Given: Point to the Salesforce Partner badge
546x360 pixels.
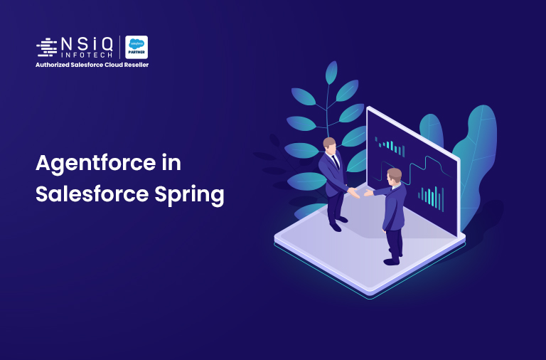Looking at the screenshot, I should (x=136, y=47).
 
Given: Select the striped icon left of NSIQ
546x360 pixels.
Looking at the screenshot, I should (x=46, y=47).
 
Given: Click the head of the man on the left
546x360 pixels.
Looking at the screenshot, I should (x=330, y=144).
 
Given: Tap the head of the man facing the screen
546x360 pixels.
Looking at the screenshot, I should (x=394, y=174).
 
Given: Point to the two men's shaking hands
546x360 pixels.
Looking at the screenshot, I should (x=360, y=194).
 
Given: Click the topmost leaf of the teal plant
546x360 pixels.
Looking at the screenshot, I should (x=331, y=73).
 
